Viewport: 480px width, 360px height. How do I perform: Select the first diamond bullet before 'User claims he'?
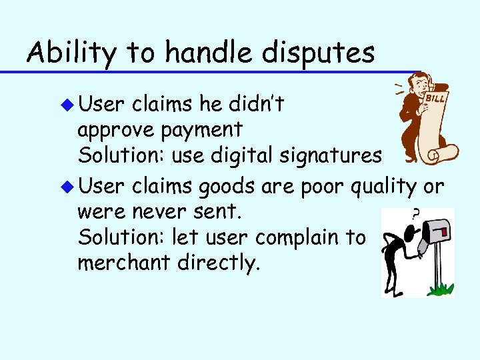(66, 105)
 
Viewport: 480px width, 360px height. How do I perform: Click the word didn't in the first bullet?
(254, 103)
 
